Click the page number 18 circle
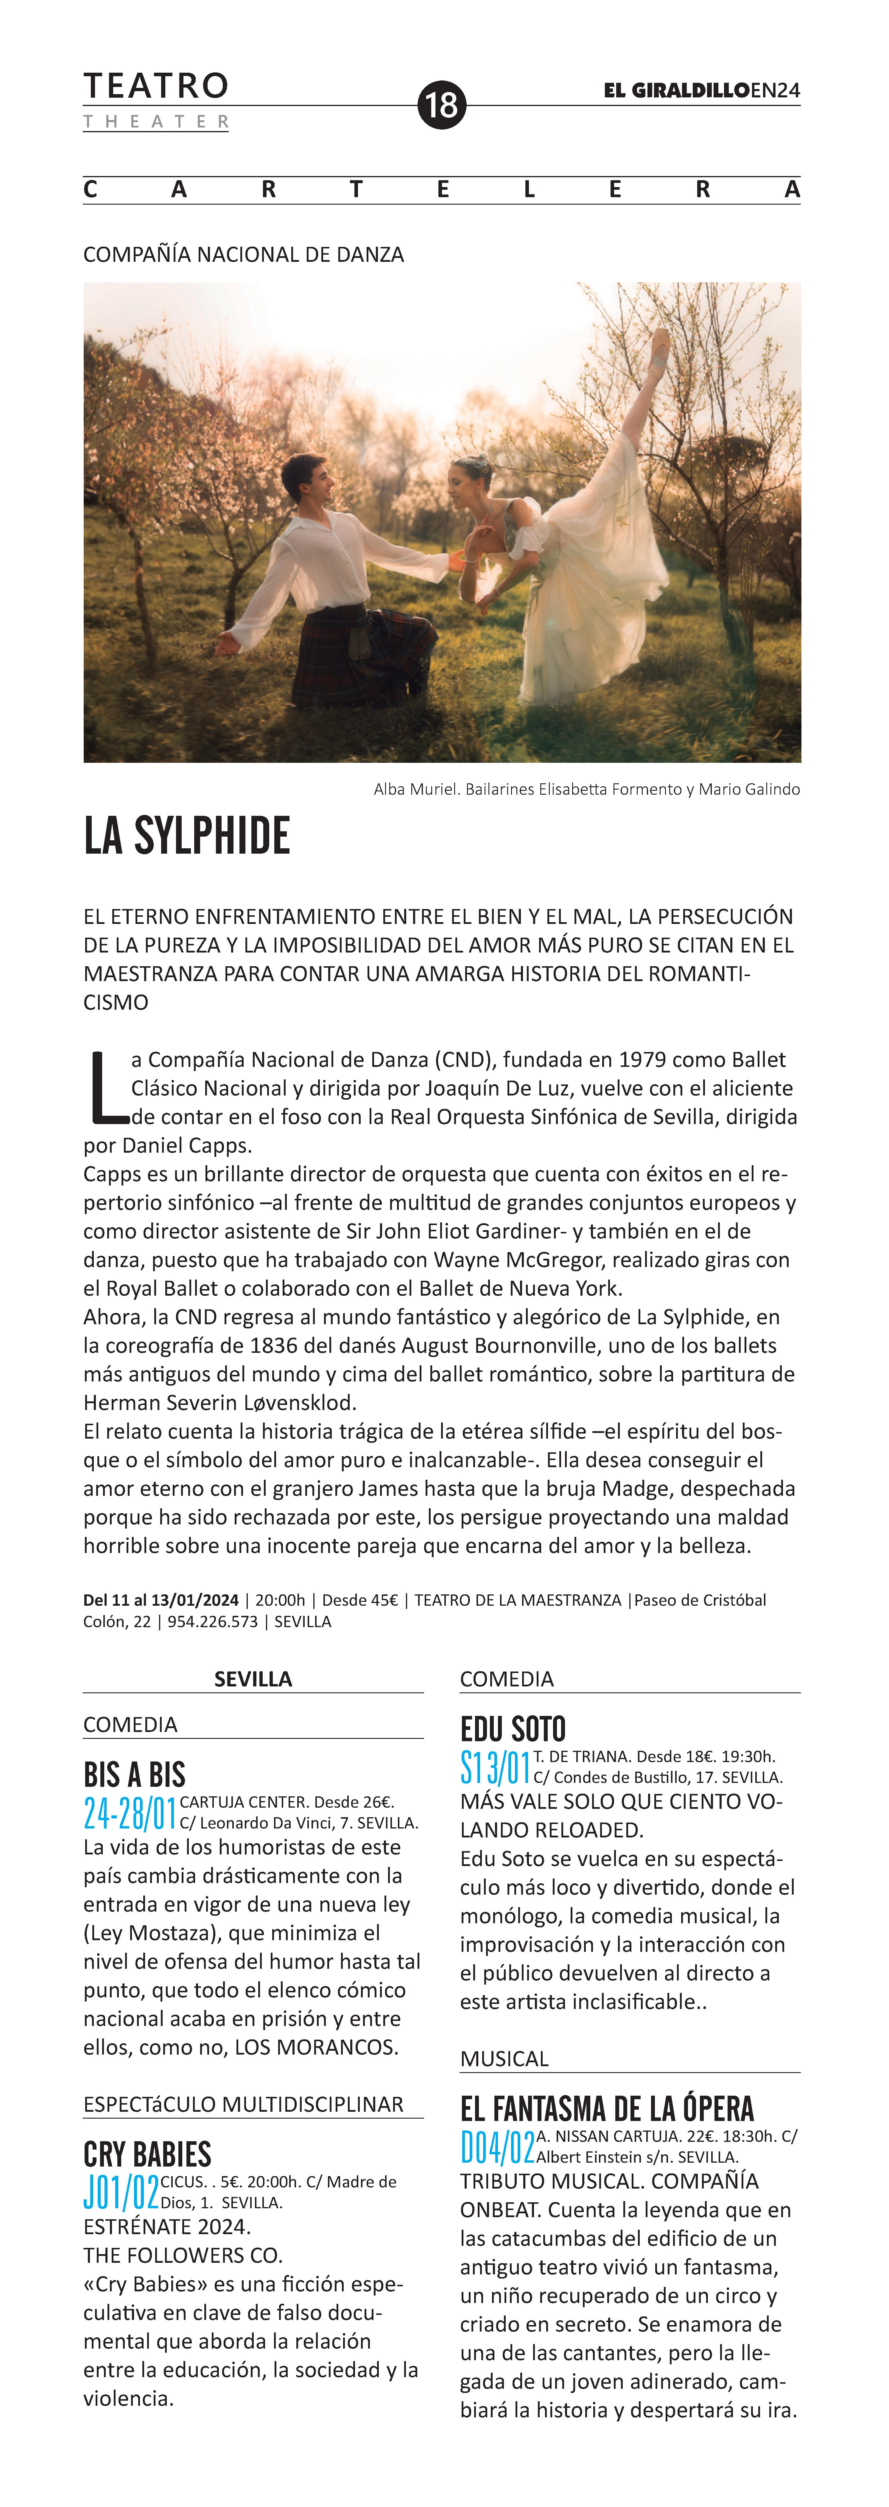[x=442, y=104]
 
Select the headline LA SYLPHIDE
[x=187, y=836]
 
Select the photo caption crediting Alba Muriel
[x=586, y=789]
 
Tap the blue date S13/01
[x=495, y=1767]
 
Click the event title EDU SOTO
[x=513, y=1728]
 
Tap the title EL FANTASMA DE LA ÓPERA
[x=607, y=2108]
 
